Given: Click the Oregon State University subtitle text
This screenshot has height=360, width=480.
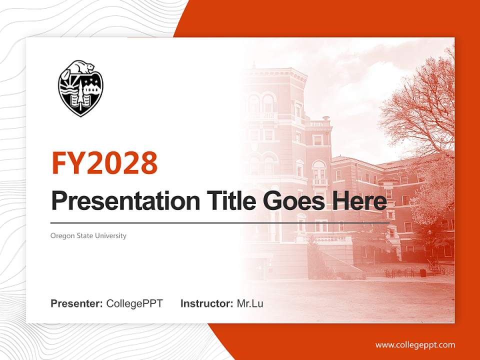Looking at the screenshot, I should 88,235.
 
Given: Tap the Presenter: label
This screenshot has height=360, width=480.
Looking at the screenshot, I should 77,303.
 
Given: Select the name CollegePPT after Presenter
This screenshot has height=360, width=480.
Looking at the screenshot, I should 134,303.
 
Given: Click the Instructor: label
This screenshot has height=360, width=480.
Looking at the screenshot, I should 207,303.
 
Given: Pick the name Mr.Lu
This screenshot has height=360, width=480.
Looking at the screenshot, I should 250,303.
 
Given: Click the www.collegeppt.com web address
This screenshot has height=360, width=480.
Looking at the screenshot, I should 415,344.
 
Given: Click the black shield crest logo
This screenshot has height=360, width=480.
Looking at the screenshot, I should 80,90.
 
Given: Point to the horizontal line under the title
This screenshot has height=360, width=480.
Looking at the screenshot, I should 220,223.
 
